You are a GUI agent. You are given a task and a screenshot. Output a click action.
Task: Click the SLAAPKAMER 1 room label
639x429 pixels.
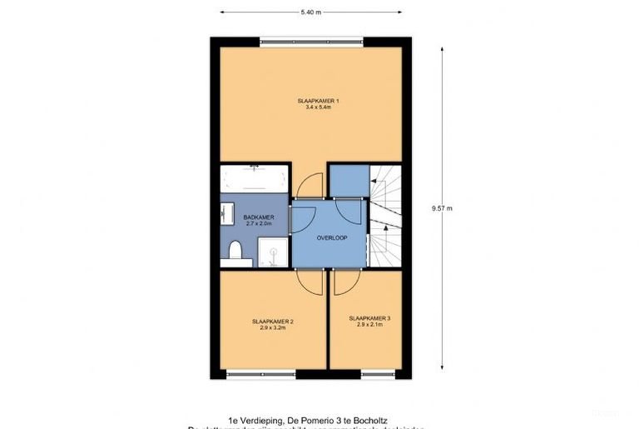point(319,101)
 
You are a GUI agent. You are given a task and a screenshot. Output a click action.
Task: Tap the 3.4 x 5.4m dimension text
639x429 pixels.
point(319,107)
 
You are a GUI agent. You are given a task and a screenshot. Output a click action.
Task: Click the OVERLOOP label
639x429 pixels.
point(331,237)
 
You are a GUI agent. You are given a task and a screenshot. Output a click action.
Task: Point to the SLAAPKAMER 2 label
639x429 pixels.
point(273,321)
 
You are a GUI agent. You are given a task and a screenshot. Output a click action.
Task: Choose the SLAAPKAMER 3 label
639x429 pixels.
point(369,317)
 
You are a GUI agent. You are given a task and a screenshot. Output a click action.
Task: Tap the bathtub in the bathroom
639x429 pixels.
point(255,178)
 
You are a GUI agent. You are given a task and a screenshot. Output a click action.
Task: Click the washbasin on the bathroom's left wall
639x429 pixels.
point(227,214)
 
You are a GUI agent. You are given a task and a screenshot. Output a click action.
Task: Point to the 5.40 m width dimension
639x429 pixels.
point(311,12)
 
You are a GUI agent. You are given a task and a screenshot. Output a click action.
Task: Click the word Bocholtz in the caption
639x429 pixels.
point(369,421)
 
